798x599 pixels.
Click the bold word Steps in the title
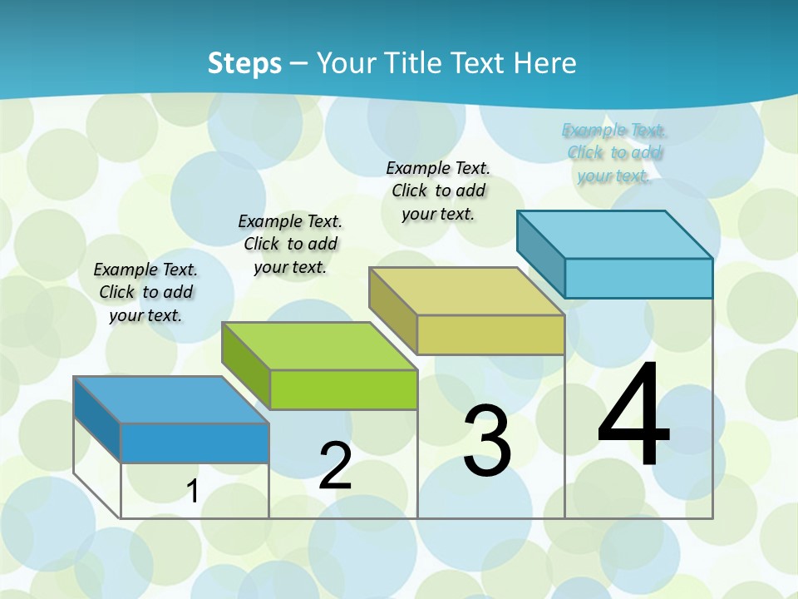[244, 63]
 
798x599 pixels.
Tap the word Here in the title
[544, 63]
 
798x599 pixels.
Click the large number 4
[633, 416]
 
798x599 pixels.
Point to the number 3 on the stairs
[487, 441]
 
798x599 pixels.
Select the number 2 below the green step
[335, 467]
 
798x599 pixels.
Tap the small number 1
[192, 492]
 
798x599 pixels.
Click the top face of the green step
[320, 345]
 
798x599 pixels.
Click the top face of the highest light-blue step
[615, 234]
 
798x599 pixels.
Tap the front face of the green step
[343, 389]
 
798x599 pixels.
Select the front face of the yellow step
[490, 335]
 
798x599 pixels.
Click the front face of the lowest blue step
[195, 443]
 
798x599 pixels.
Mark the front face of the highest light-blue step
[638, 278]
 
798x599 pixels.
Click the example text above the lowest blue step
[145, 292]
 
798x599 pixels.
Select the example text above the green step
[290, 244]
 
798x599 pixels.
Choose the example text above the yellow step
[438, 191]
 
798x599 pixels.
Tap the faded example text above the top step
[614, 152]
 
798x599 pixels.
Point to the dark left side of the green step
[246, 364]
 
